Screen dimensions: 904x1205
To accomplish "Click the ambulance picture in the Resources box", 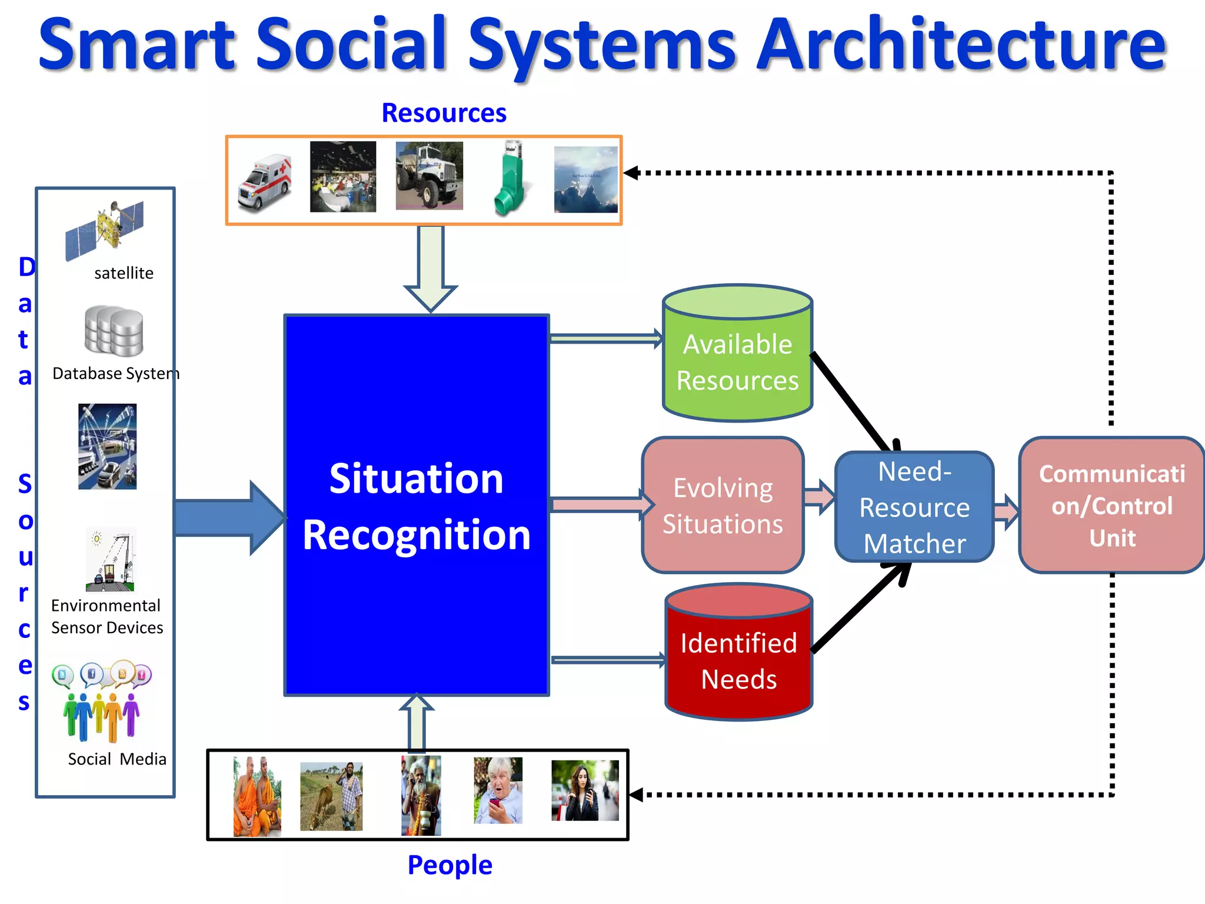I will [265, 182].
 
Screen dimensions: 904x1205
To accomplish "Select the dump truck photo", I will [429, 175].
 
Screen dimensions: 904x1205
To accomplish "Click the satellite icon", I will [105, 230].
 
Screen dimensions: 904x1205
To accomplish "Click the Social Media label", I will [116, 759].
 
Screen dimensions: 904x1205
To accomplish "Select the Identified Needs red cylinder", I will [739, 659].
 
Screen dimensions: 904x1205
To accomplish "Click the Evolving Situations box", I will [723, 506].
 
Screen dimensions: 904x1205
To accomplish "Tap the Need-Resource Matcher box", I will [914, 507].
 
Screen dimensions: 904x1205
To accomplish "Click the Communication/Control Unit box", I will [1111, 506].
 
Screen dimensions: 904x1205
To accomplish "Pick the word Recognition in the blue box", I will [417, 535].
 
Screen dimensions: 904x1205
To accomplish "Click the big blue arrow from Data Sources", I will [227, 517].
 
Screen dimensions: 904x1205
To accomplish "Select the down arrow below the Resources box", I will [431, 268].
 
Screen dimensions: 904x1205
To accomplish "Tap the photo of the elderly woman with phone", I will [498, 790].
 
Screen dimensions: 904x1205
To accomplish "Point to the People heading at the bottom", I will [450, 865].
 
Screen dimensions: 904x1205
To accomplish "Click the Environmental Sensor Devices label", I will [106, 617].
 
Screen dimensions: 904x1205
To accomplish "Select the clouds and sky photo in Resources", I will [585, 180].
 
